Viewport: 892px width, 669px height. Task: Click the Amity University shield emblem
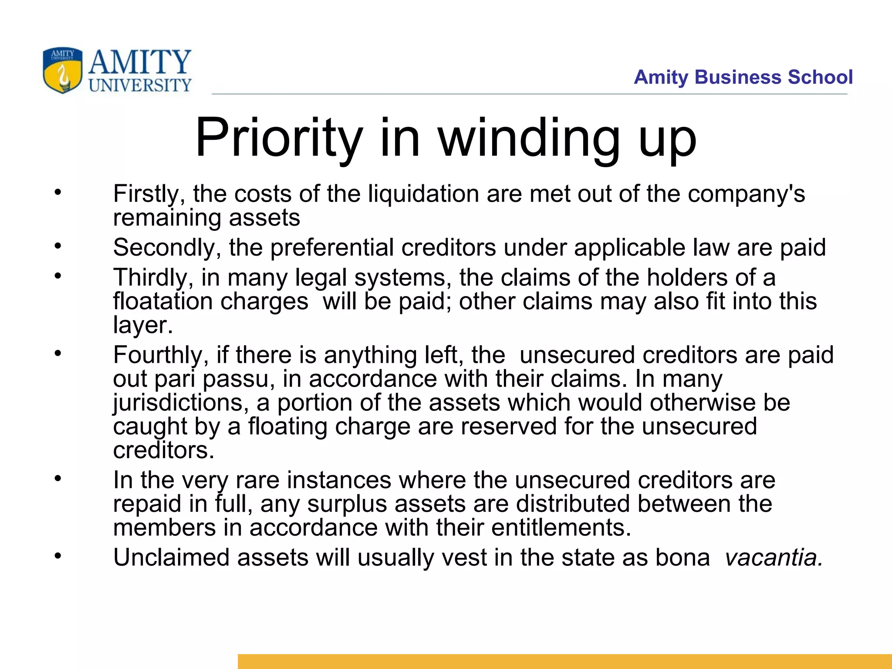tap(62, 71)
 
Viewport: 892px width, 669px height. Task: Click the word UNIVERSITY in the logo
tap(140, 85)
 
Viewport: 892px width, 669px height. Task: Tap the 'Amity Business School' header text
tap(743, 77)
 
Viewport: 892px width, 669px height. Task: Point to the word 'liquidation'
tap(423, 194)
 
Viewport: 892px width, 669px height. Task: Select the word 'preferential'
tap(332, 248)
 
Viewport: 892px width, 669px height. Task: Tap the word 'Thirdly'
tap(153, 277)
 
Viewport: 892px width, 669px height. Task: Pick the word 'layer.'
tap(143, 325)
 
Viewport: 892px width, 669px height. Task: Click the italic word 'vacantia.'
tap(774, 557)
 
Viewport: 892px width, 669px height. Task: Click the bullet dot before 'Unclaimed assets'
tap(58, 556)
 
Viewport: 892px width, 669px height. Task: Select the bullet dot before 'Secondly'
tap(58, 247)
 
